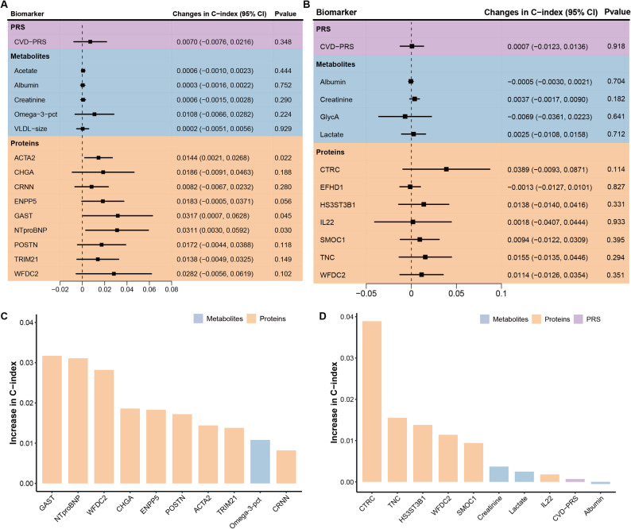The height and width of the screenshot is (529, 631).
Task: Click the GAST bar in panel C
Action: [x=52, y=419]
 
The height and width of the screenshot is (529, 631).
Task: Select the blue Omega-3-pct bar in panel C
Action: [x=260, y=461]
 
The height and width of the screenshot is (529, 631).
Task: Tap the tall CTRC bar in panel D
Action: [x=372, y=401]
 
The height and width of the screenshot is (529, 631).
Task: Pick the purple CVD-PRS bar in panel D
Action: [x=575, y=481]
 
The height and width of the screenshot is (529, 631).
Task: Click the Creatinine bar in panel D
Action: [x=498, y=474]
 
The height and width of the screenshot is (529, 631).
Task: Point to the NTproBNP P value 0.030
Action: [x=283, y=230]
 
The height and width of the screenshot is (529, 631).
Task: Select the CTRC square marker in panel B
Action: [x=447, y=169]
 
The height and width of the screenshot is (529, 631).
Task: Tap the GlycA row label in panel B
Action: [x=329, y=117]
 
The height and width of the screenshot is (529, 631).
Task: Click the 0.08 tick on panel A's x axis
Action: [x=172, y=289]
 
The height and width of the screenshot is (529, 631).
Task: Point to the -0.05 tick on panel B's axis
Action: [x=366, y=293]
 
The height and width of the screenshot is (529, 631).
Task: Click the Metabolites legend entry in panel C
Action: [x=218, y=319]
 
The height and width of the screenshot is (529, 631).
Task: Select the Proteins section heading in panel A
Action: [x=25, y=143]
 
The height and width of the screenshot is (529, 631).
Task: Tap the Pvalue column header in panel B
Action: [x=617, y=12]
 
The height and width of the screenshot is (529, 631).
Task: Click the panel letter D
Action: [x=323, y=316]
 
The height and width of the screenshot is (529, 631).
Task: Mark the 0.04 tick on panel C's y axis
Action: [x=26, y=322]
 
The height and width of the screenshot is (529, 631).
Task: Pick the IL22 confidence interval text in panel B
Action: [x=548, y=222]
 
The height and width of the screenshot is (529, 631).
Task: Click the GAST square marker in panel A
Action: [x=118, y=215]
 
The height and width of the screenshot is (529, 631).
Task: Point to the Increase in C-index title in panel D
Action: [x=334, y=402]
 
